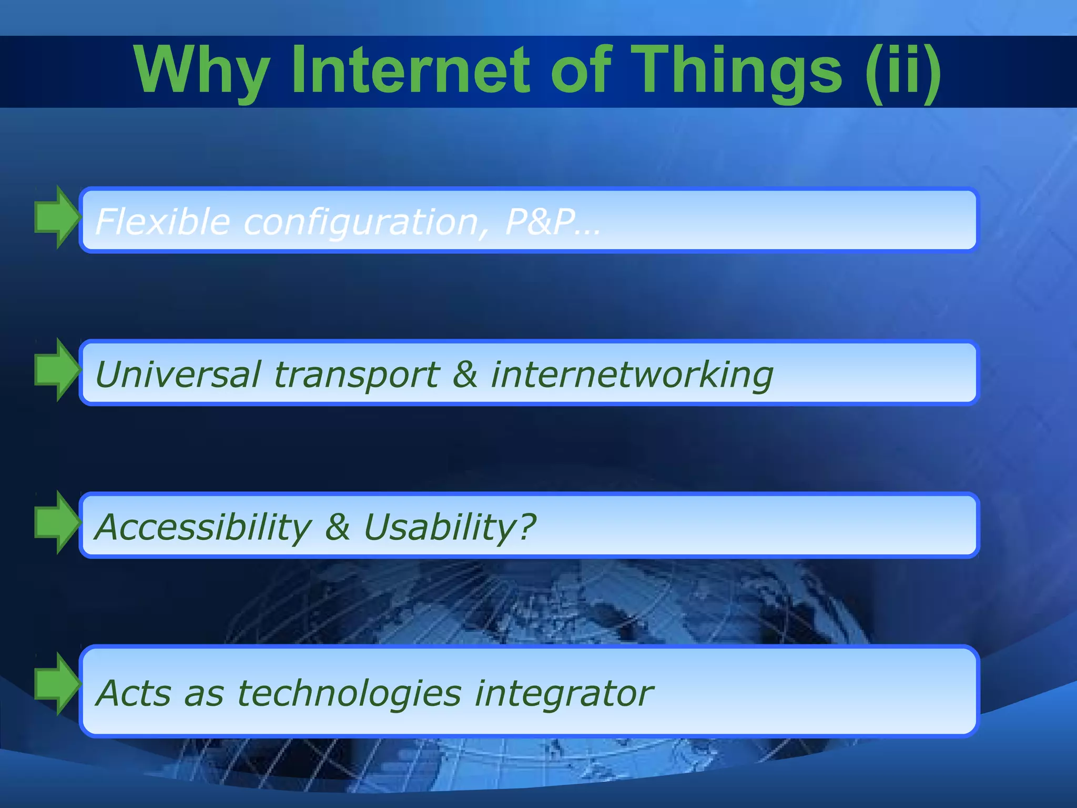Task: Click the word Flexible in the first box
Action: click(x=162, y=221)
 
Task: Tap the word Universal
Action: click(x=178, y=375)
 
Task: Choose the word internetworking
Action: click(x=632, y=376)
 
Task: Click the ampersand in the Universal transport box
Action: click(x=465, y=375)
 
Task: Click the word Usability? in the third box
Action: click(x=449, y=527)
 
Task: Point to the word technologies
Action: click(x=349, y=693)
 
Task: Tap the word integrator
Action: click(x=564, y=693)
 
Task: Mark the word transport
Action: click(x=356, y=376)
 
